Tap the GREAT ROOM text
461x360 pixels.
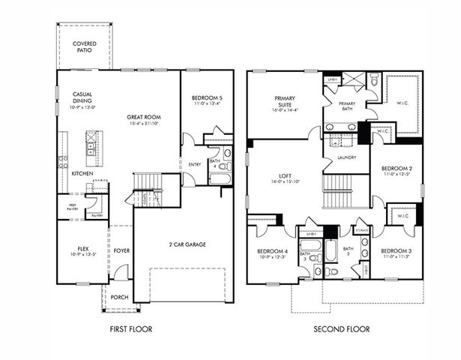pos(144,116)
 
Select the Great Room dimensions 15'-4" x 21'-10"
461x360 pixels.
pos(144,124)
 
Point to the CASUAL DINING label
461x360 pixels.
pos(82,98)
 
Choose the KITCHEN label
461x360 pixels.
pos(83,173)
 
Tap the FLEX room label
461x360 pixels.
pos(83,248)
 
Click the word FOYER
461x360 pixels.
pos(121,251)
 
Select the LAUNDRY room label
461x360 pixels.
pos(346,157)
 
